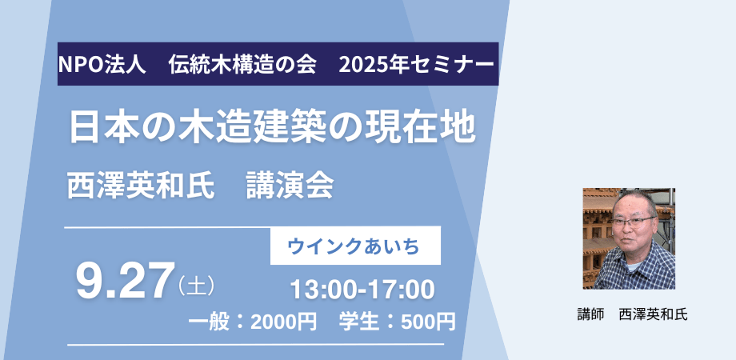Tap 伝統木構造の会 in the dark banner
pyautogui.click(x=243, y=64)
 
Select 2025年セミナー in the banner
pyautogui.click(x=416, y=64)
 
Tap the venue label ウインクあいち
pyautogui.click(x=354, y=246)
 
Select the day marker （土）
pyautogui.click(x=197, y=286)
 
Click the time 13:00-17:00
pyautogui.click(x=362, y=290)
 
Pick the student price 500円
pyautogui.click(x=429, y=322)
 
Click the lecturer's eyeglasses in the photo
pyautogui.click(x=634, y=222)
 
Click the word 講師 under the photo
pyautogui.click(x=590, y=314)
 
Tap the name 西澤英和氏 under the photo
pyautogui.click(x=654, y=314)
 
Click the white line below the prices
pyautogui.click(x=256, y=345)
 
